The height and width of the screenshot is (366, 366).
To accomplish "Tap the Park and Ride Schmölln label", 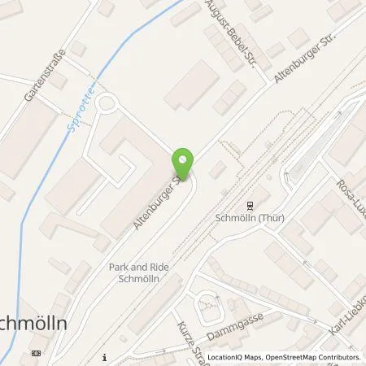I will coord(137,272).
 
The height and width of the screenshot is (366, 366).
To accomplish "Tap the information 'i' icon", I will coord(106,356).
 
